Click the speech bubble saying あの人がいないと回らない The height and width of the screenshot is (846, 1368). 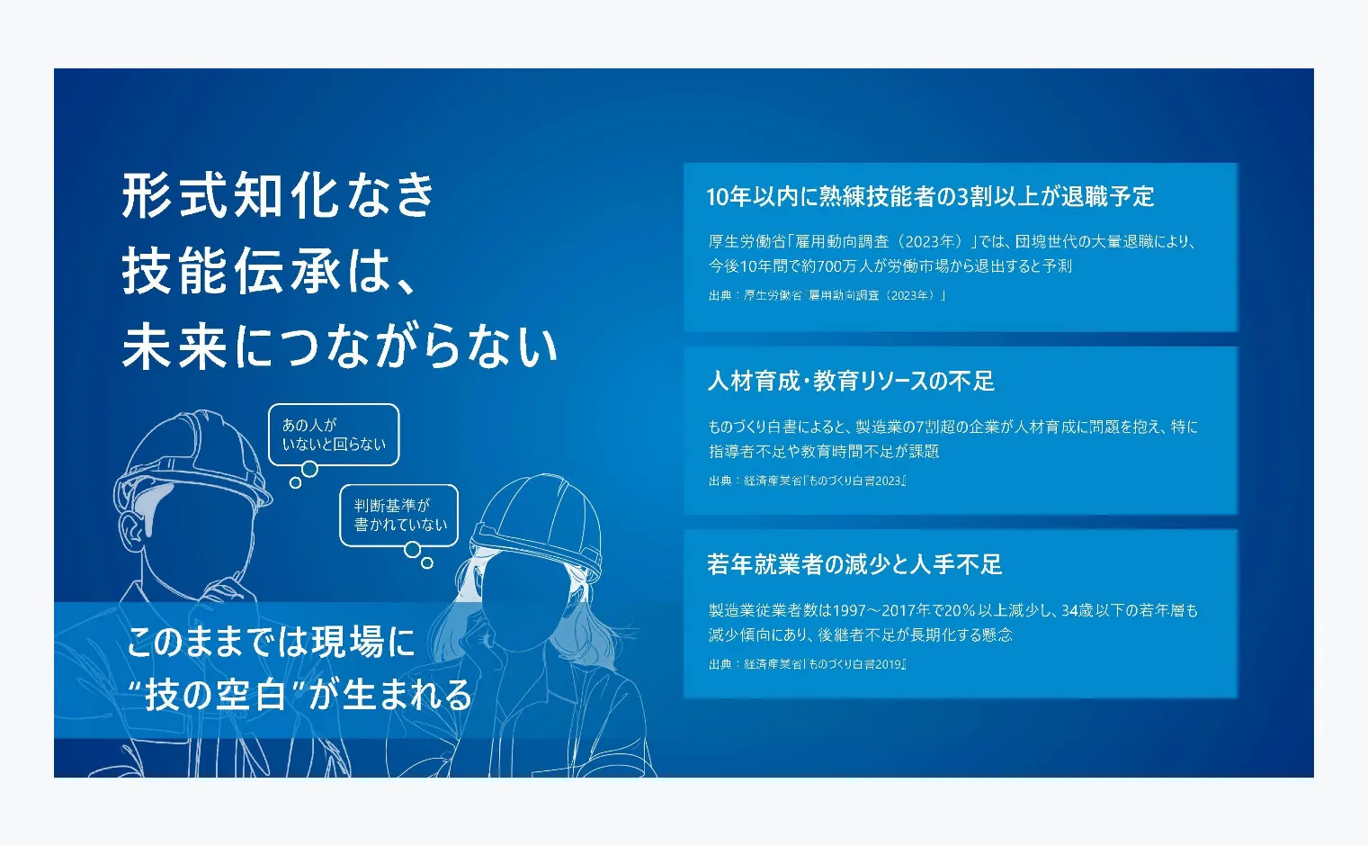pyautogui.click(x=334, y=435)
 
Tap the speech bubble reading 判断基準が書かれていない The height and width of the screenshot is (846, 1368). pyautogui.click(x=398, y=516)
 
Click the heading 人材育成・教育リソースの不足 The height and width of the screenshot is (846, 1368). pyautogui.click(x=851, y=381)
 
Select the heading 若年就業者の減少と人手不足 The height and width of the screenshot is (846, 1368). pyautogui.click(x=854, y=564)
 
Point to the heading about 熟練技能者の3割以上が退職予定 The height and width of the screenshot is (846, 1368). pyautogui.click(x=930, y=196)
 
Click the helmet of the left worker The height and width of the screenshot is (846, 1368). pyautogui.click(x=192, y=458)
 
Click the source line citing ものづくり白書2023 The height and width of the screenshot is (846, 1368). pyautogui.click(x=807, y=481)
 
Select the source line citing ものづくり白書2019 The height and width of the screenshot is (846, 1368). pyautogui.click(x=807, y=664)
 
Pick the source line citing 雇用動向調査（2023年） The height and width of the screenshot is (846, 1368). pyautogui.click(x=827, y=295)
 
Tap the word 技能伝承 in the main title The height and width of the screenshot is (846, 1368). pyautogui.click(x=231, y=272)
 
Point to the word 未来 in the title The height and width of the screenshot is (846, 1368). pyautogui.click(x=174, y=346)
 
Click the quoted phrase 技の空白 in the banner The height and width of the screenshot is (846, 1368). pyautogui.click(x=216, y=695)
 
